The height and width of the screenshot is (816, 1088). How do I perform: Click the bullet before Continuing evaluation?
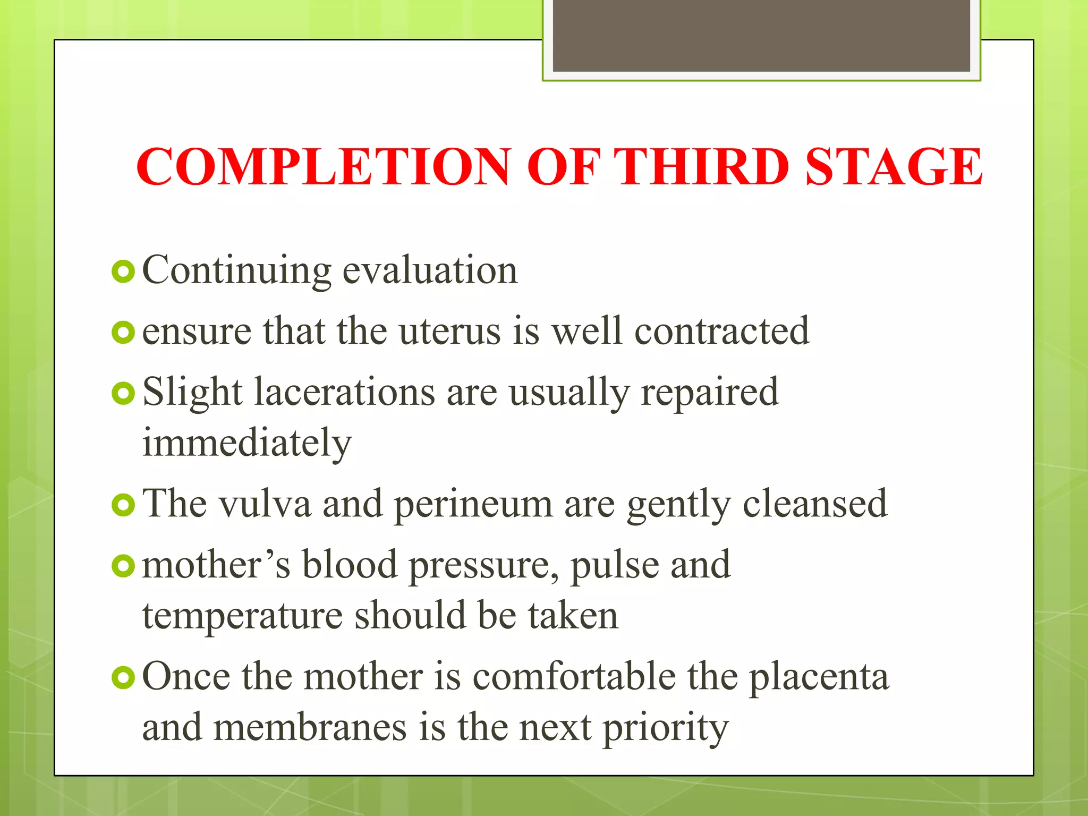tap(123, 271)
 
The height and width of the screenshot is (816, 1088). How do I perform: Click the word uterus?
tap(449, 331)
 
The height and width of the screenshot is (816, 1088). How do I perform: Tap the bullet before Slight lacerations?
tap(123, 394)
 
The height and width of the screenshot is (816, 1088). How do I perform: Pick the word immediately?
tap(247, 443)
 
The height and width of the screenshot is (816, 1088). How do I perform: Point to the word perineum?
tap(473, 505)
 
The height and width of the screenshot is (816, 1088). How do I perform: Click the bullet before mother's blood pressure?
tap(123, 566)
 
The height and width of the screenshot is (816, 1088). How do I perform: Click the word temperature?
tap(242, 616)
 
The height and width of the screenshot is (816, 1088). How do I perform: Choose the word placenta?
tap(819, 678)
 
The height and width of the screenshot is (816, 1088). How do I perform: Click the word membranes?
tap(310, 728)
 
